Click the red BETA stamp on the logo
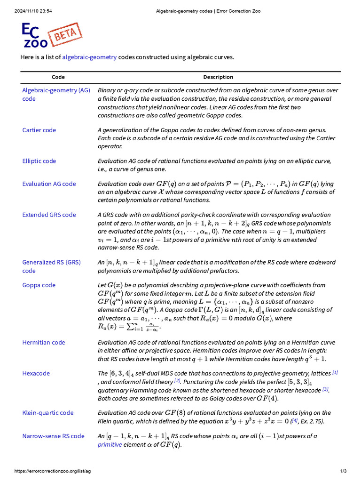point(66,34)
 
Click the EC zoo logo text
point(34,36)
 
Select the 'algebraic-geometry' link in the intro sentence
point(89,57)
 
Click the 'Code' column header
point(58,77)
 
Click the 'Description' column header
point(218,77)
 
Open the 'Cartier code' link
point(39,130)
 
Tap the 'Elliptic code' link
point(39,161)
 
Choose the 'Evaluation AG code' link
point(49,184)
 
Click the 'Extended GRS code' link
point(49,215)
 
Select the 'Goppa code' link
point(39,285)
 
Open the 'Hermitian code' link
point(44,342)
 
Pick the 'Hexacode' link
point(36,373)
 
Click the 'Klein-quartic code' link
point(48,413)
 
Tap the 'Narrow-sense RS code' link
point(53,436)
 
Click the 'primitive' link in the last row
point(110,444)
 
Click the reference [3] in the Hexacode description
point(325,389)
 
